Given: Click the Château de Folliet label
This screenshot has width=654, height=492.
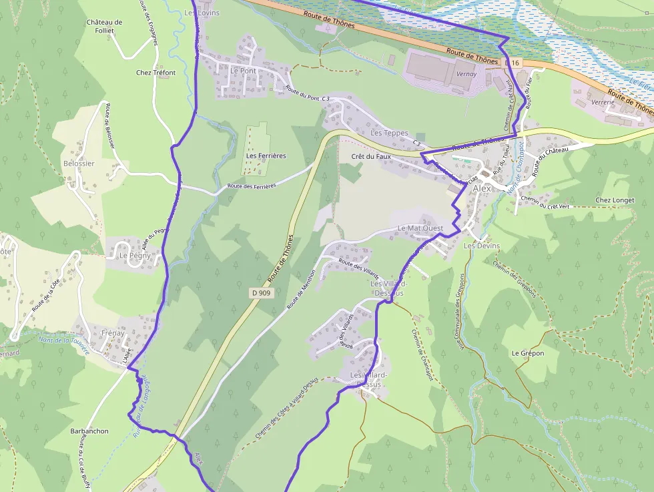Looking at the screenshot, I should click(x=104, y=26).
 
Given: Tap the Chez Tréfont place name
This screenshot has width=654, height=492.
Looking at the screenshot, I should click(x=155, y=73).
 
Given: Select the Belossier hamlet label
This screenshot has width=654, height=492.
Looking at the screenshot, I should click(x=79, y=164).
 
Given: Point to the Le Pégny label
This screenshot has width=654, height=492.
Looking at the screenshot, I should click(x=135, y=256).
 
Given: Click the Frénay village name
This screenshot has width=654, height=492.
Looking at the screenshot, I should click(x=113, y=332).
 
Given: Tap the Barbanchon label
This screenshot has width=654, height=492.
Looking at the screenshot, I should click(x=89, y=431).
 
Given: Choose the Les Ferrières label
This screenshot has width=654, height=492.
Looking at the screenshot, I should click(x=266, y=156).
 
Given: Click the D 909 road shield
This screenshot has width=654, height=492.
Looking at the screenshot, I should click(x=262, y=292).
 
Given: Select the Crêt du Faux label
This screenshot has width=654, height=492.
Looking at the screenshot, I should click(x=370, y=157).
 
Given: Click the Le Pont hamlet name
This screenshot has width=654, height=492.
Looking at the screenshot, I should click(x=244, y=71).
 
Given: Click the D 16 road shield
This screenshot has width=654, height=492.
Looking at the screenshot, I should click(x=512, y=63).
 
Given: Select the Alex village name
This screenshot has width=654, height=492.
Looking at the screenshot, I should click(x=482, y=189).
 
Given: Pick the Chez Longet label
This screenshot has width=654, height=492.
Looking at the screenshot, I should click(x=615, y=200).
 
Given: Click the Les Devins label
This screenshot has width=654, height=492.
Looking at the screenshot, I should click(x=481, y=246).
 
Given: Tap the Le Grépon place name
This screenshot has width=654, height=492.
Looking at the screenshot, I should click(x=528, y=353).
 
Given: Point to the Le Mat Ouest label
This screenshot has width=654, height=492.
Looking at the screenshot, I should click(x=420, y=228).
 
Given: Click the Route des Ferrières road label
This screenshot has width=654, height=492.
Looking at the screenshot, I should click(x=252, y=186).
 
